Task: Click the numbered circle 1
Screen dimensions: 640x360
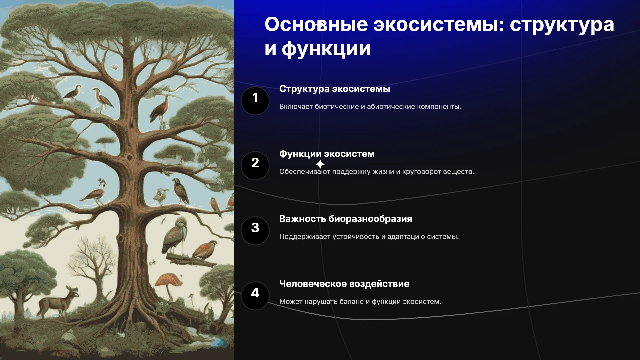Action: (255, 101)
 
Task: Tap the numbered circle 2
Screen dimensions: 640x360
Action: (255, 166)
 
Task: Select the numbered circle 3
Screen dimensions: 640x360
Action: (255, 231)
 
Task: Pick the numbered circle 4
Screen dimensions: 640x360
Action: (255, 296)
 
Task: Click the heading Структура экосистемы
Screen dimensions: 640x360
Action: (335, 89)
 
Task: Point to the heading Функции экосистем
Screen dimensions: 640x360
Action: (327, 154)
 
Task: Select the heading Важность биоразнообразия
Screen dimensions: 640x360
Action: (346, 219)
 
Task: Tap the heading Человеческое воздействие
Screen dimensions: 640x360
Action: (344, 284)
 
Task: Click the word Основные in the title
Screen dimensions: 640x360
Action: (316, 24)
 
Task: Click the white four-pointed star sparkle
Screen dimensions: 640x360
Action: (320, 164)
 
